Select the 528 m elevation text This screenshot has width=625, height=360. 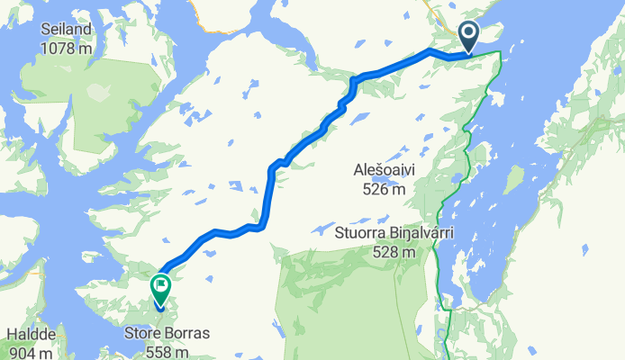[395, 251]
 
